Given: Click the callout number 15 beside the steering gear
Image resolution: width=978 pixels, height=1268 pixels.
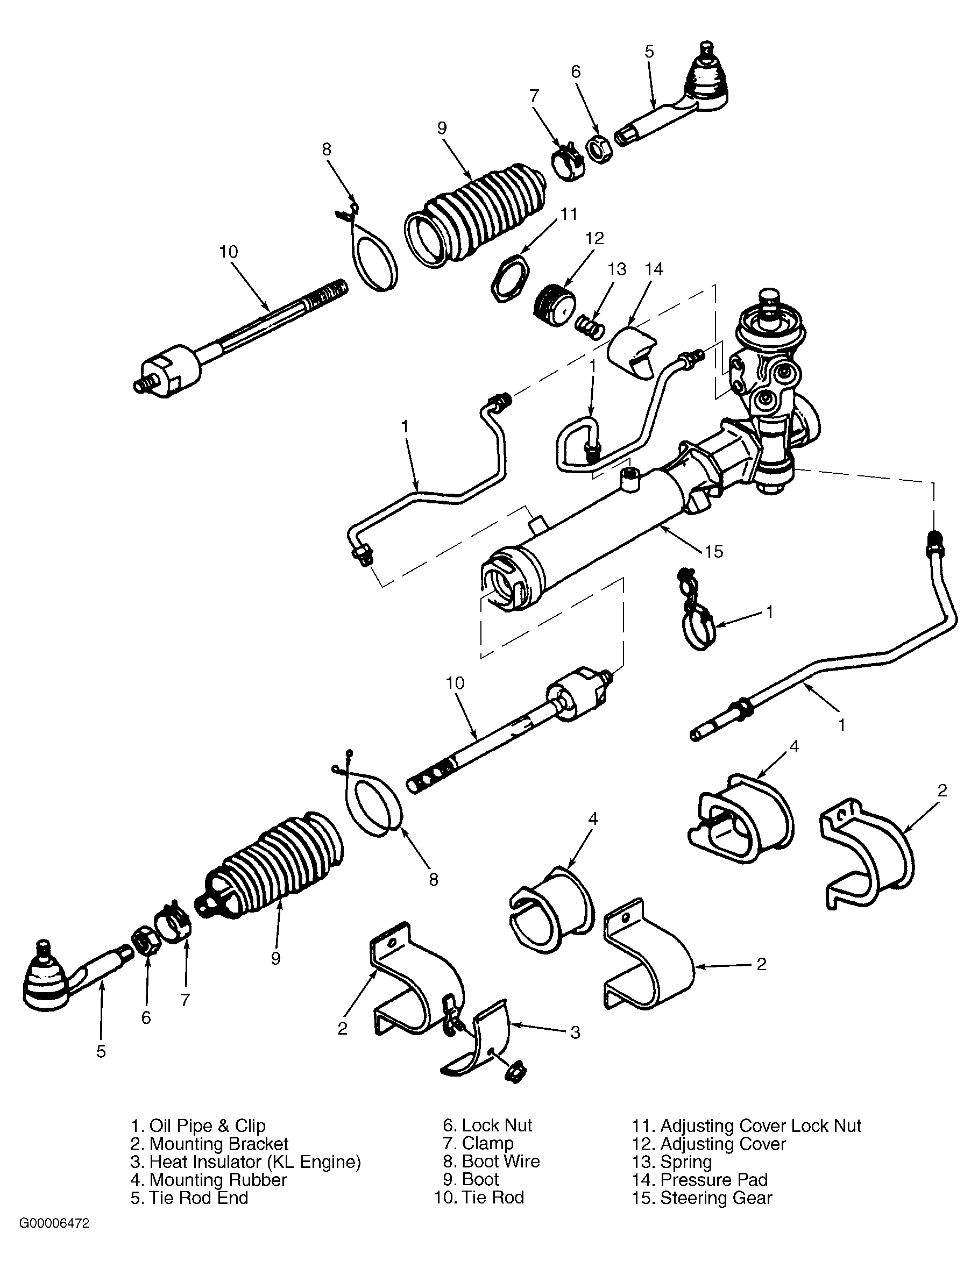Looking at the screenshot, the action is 714,551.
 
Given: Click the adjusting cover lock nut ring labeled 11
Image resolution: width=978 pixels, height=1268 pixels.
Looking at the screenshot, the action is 510,277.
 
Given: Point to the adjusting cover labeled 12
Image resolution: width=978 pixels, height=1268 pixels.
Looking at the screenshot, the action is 554,305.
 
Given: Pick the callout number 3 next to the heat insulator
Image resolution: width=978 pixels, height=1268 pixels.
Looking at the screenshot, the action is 575,1032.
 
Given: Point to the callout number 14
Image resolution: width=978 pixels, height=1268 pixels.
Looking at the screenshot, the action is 654,269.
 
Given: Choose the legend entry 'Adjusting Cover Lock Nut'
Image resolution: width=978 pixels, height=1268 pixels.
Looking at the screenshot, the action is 761,1125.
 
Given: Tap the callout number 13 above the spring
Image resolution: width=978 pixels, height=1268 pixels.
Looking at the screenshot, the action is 617,269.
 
